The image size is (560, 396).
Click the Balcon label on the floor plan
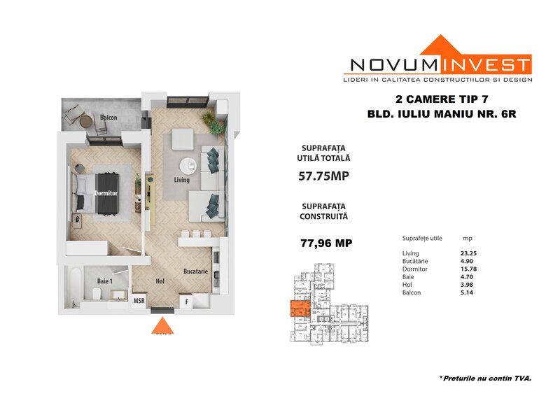(108, 118)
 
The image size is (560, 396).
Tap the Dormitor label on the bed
(106, 193)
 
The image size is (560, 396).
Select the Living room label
(182, 180)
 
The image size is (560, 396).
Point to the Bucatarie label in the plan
(196, 271)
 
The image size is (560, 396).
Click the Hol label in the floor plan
(160, 281)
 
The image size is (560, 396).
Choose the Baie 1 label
(104, 281)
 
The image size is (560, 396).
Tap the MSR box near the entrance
(139, 301)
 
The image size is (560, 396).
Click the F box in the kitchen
(186, 302)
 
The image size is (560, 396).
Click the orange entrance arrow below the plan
(162, 325)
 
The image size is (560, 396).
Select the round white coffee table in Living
(188, 166)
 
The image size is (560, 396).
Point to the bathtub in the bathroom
(75, 287)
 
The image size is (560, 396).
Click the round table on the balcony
(86, 122)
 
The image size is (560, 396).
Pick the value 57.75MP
(323, 176)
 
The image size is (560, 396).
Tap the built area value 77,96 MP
(326, 243)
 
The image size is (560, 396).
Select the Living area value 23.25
(468, 253)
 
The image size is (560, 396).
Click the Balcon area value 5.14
(467, 293)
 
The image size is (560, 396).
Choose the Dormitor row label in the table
(414, 269)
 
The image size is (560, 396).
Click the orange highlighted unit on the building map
(300, 309)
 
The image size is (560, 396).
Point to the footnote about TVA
(485, 379)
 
